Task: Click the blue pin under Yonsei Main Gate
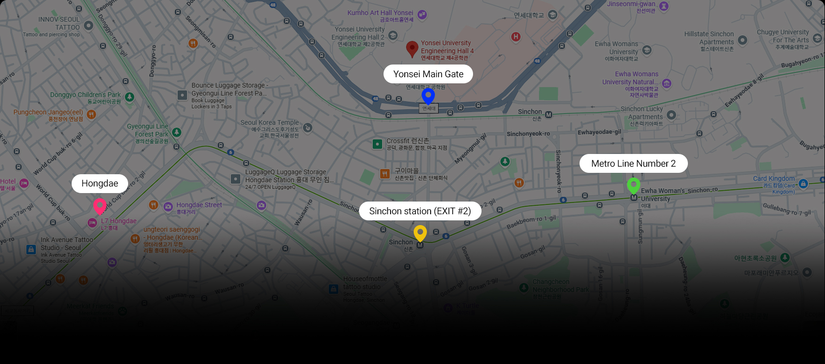point(428,95)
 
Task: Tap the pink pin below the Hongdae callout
point(99,206)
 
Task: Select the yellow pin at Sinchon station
point(420,233)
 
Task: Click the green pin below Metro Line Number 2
point(634,185)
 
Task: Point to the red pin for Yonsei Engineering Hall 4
point(412,48)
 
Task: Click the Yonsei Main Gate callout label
point(428,74)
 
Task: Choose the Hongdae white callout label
point(100,183)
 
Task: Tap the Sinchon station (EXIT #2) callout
point(420,211)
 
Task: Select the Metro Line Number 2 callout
point(633,163)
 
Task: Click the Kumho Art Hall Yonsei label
point(380,13)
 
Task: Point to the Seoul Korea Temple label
point(270,122)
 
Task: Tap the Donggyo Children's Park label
point(85,95)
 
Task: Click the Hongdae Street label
point(199,205)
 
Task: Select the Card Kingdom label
point(774,178)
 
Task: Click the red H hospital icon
point(516,37)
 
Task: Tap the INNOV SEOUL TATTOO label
point(59,24)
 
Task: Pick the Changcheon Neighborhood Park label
point(560,286)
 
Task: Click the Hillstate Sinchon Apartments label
point(709,38)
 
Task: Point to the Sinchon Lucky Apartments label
point(642,113)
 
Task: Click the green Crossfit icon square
point(377,144)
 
